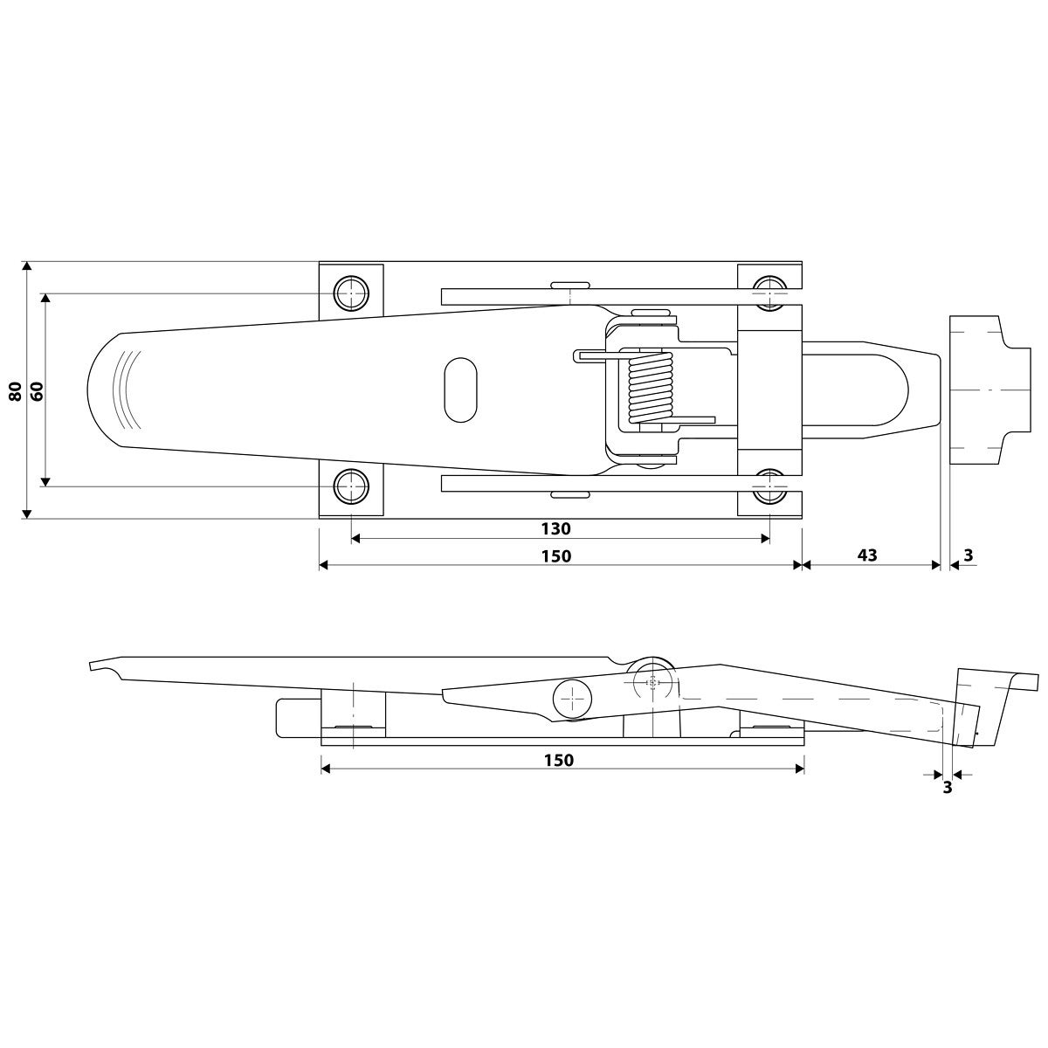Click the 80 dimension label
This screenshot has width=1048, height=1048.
tap(16, 391)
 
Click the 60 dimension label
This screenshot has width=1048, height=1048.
tap(37, 391)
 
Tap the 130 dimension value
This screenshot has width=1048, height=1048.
tap(555, 528)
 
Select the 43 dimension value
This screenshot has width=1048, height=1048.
tap(867, 555)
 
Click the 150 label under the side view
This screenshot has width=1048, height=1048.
tap(559, 760)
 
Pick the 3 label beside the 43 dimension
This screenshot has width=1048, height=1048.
tap(968, 555)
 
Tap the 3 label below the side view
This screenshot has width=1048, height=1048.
tap(947, 787)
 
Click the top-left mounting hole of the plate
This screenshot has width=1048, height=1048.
tap(351, 293)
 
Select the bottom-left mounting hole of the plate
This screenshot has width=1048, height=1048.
tap(351, 486)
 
